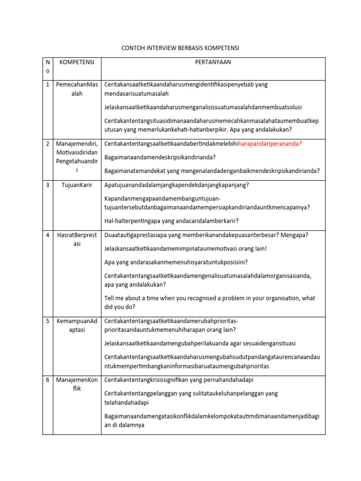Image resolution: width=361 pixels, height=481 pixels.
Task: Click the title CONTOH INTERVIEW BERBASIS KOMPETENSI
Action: pos(180,48)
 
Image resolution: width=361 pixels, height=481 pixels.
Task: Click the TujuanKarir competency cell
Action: pos(77,185)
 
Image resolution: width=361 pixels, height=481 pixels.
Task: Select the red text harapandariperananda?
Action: pos(270,144)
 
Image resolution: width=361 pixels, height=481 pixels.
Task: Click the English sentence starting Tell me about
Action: pos(210,303)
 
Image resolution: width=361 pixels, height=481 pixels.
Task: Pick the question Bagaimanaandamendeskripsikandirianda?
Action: pos(160,157)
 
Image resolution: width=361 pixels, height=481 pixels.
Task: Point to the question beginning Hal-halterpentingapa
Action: pos(171,220)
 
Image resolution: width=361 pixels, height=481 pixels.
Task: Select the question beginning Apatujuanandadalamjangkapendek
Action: pos(176,185)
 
